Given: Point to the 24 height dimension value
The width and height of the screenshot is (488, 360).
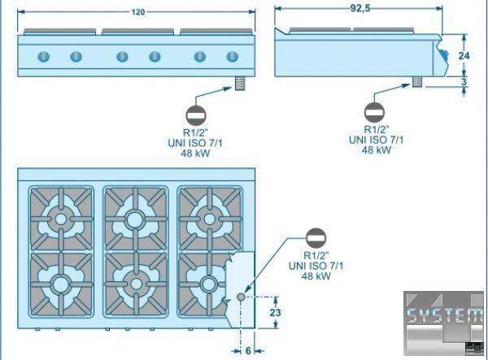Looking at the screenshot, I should pyautogui.click(x=464, y=55).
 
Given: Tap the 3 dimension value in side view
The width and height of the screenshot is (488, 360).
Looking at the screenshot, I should pyautogui.click(x=464, y=81).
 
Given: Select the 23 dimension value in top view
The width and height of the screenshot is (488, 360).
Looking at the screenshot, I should pyautogui.click(x=275, y=312).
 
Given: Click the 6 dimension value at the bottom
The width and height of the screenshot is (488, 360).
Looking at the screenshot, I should pyautogui.click(x=248, y=351).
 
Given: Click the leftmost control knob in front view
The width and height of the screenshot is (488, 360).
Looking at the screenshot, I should pyautogui.click(x=43, y=56).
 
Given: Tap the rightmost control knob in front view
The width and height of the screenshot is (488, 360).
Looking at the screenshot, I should pyautogui.click(x=233, y=56).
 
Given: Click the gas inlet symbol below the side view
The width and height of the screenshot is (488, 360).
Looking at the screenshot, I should pyautogui.click(x=375, y=111).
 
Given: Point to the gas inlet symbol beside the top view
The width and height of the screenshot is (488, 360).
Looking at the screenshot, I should pyautogui.click(x=316, y=238).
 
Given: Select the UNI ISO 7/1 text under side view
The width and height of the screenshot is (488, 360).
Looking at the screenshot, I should pyautogui.click(x=375, y=140).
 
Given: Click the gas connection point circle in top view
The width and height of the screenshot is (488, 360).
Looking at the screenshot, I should pyautogui.click(x=241, y=297).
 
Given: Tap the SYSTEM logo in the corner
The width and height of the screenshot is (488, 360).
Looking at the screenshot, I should pyautogui.click(x=444, y=317).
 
